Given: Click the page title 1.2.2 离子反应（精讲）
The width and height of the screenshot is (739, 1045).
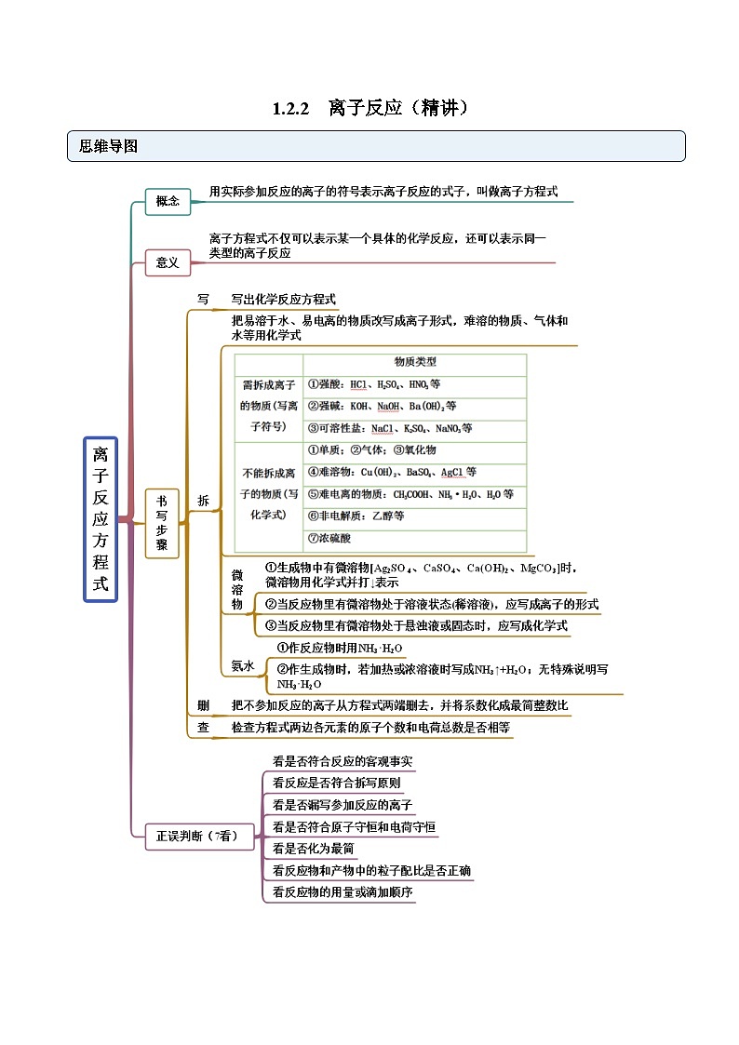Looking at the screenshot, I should click(x=369, y=108).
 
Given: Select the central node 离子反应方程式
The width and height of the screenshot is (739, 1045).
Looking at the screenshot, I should click(x=101, y=519).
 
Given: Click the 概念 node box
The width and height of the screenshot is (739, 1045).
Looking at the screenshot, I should click(x=168, y=201).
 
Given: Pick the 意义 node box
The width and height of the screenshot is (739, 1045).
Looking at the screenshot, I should click(x=168, y=262).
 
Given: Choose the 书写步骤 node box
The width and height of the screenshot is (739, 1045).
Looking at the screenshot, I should click(x=162, y=523).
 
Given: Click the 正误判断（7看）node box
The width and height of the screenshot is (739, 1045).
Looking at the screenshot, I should click(x=192, y=837).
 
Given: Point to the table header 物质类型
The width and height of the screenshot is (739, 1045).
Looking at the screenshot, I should click(x=414, y=362).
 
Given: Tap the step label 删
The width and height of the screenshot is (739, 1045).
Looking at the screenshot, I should click(x=203, y=704).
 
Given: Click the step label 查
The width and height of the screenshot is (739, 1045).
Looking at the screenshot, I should click(x=203, y=727).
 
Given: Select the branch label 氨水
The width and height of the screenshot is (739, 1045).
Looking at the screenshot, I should click(x=242, y=665).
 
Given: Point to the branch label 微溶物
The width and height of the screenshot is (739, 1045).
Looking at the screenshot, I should click(x=237, y=590).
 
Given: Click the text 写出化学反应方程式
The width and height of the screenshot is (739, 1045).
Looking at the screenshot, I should click(x=283, y=300).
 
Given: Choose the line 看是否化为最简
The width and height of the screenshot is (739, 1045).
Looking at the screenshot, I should click(x=313, y=849).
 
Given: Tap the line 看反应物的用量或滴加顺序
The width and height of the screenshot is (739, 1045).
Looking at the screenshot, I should click(x=343, y=892).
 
